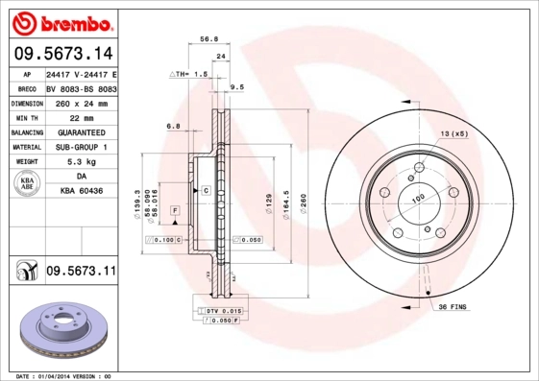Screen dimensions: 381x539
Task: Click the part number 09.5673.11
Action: point(81,273)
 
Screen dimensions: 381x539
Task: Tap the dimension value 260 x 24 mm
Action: point(81,104)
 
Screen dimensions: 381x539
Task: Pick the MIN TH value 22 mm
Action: point(81,117)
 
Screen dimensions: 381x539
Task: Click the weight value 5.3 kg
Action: point(81,162)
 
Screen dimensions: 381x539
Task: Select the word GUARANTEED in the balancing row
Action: point(81,131)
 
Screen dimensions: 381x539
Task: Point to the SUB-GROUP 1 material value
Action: point(81,147)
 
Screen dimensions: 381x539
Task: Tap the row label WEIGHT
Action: point(26,162)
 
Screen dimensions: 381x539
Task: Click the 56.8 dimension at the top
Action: point(208,40)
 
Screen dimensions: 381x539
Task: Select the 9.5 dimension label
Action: point(237,87)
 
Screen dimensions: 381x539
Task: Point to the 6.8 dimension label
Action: point(174,126)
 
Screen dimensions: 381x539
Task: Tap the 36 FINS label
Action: point(453,306)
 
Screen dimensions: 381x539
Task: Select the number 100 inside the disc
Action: point(418,199)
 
